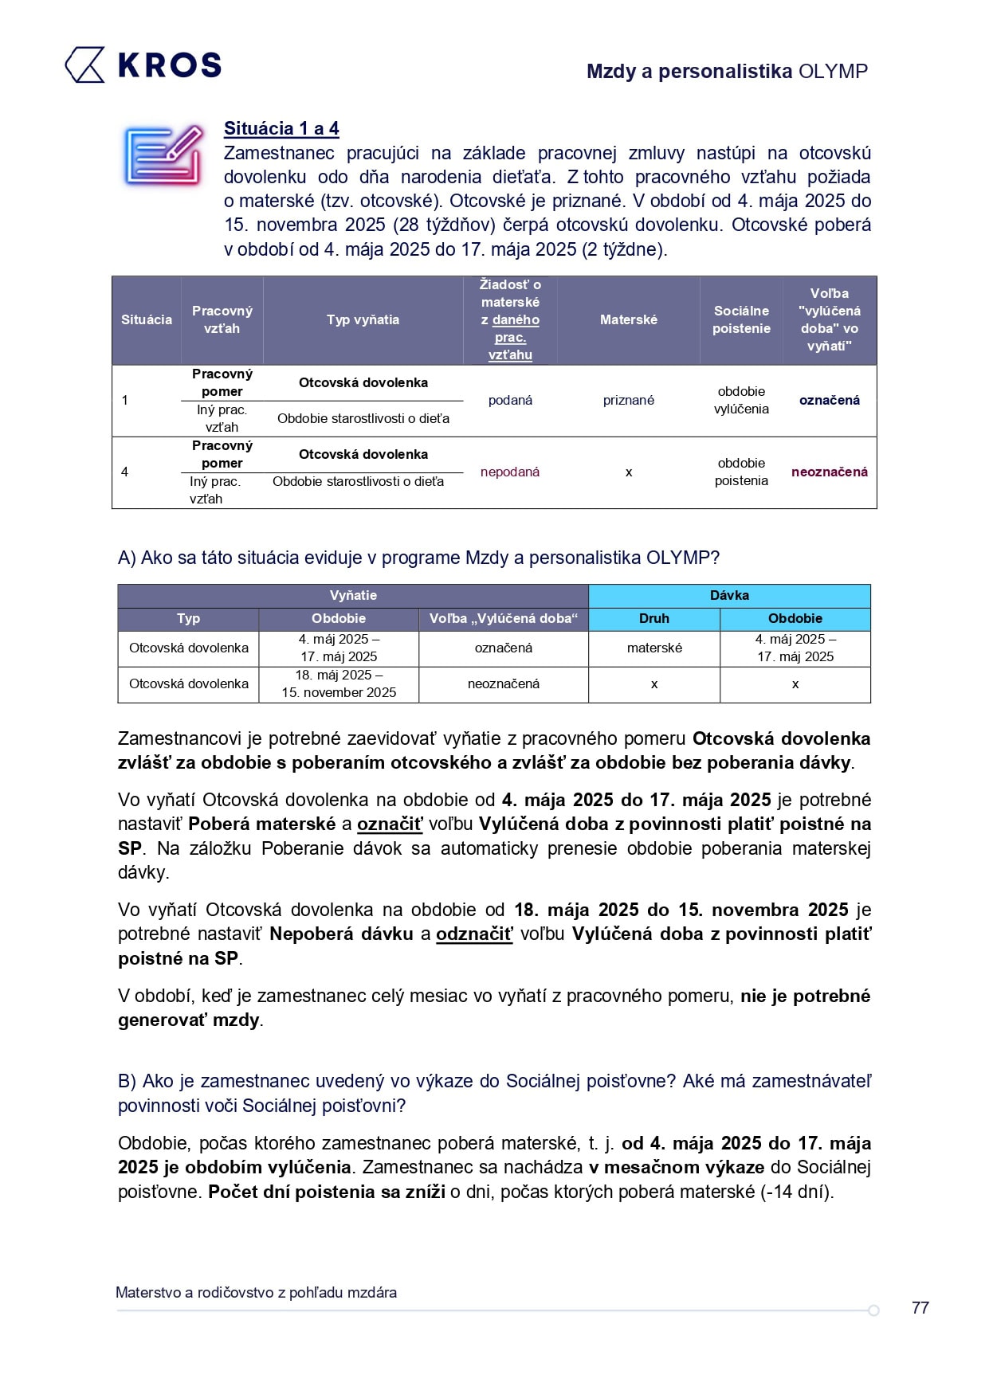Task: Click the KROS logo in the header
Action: point(143,65)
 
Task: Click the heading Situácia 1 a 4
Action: point(281,128)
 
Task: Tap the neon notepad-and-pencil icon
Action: point(163,155)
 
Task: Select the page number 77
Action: point(920,1307)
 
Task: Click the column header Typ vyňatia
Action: point(363,319)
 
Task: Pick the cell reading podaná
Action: point(510,400)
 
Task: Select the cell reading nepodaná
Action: point(510,472)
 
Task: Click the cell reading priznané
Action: point(629,400)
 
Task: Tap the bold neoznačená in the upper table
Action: point(829,472)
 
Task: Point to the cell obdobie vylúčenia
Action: point(741,400)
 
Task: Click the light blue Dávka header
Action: point(729,595)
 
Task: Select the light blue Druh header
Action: point(654,618)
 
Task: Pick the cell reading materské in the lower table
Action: point(654,648)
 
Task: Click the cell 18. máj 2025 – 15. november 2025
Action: point(339,683)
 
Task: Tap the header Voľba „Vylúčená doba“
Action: point(504,618)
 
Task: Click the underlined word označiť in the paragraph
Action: point(389,824)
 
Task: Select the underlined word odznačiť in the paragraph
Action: point(474,934)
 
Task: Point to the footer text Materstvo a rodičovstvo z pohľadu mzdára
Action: point(256,1292)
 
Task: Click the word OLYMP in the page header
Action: point(833,72)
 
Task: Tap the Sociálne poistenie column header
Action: point(741,319)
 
